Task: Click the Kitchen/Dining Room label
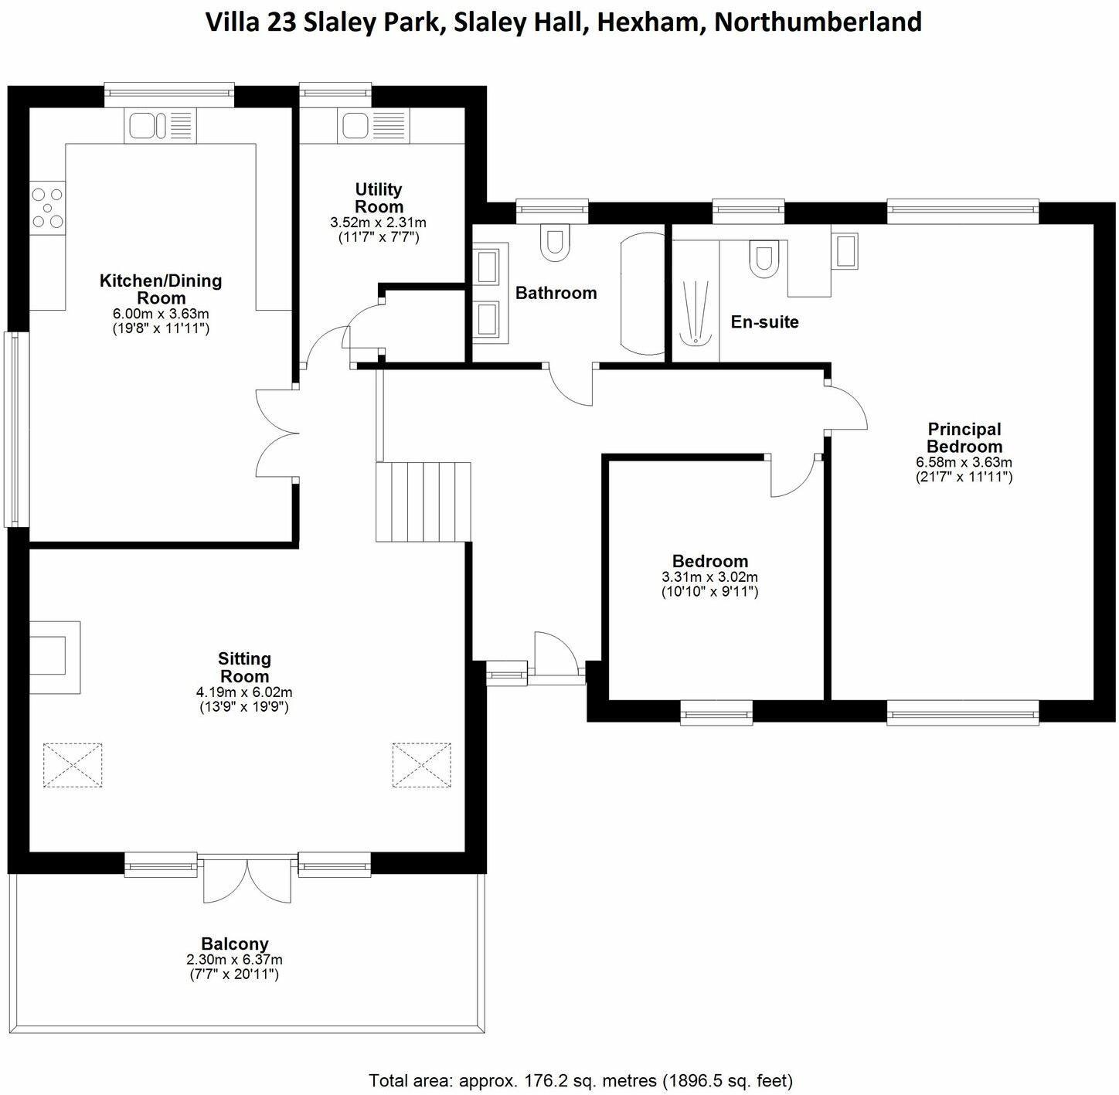tap(161, 289)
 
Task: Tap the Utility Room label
tap(379, 198)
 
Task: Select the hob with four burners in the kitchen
tap(47, 208)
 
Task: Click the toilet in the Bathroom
tap(555, 242)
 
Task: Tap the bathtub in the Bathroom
tap(642, 294)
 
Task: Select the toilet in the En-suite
tap(764, 258)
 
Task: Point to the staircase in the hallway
tap(423, 502)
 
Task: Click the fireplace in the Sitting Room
tap(54, 657)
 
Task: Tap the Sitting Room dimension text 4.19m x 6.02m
tap(244, 692)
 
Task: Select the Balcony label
tap(235, 944)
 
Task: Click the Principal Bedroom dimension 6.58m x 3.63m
tap(964, 462)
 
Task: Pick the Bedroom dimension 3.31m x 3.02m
tap(709, 577)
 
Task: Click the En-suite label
tap(764, 322)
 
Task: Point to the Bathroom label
tap(556, 293)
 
